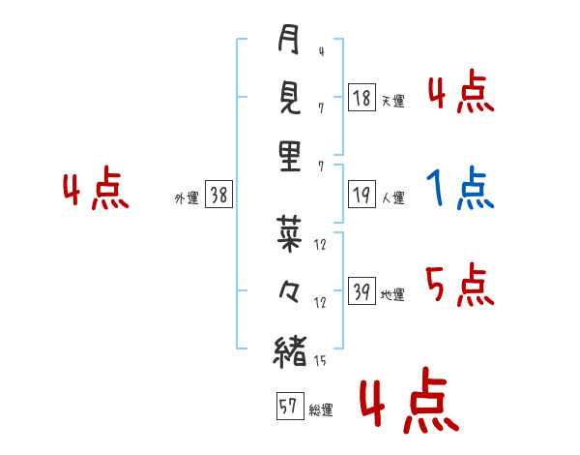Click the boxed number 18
pyautogui.click(x=362, y=98)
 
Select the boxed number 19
pyautogui.click(x=362, y=196)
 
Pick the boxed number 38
pyautogui.click(x=218, y=196)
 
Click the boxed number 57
pyautogui.click(x=289, y=407)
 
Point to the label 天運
pyautogui.click(x=392, y=101)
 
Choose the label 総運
pyautogui.click(x=320, y=409)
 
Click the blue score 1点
pyautogui.click(x=459, y=189)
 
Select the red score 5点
pyautogui.click(x=459, y=286)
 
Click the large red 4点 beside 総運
pyautogui.click(x=407, y=405)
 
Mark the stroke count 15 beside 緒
pyautogui.click(x=320, y=361)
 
